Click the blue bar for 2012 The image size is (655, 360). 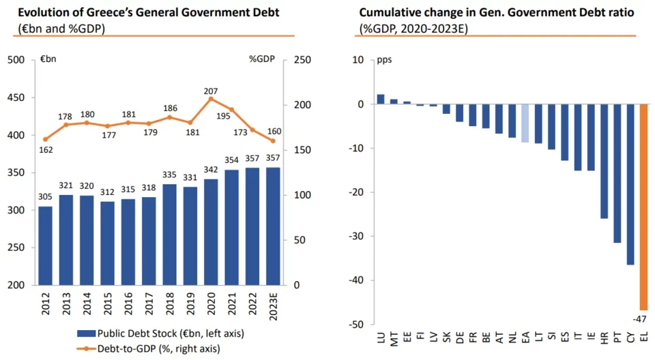pos(45,245)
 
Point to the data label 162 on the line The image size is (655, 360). pos(46,149)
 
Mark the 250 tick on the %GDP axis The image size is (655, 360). pos(302,61)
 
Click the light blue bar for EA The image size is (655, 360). pos(525,123)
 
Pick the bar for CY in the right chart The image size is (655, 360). pos(630,184)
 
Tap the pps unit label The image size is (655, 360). pos(385,59)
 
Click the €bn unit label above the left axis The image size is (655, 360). pos(48,59)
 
